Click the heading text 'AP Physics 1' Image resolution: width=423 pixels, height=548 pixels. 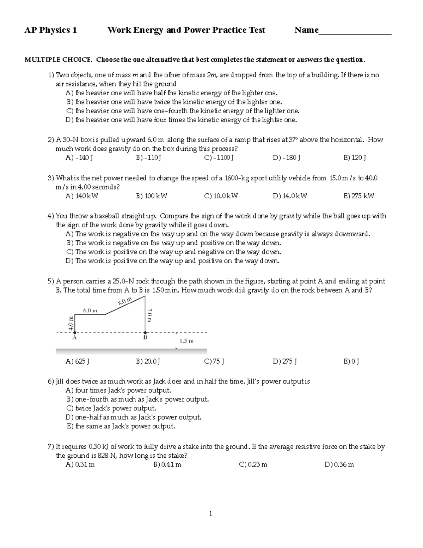[x=50, y=30]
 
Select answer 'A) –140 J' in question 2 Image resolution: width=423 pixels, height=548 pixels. [x=79, y=158]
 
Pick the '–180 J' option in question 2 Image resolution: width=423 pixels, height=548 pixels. [x=286, y=158]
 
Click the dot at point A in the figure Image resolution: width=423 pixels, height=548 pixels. [x=74, y=332]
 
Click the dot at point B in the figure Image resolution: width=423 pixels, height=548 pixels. [x=145, y=332]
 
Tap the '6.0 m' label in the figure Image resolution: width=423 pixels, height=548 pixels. [x=90, y=311]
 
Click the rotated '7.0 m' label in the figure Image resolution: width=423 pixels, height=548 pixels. [x=149, y=315]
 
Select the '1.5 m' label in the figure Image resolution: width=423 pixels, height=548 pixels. [x=186, y=341]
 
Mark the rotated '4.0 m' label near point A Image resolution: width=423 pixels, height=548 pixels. [x=71, y=323]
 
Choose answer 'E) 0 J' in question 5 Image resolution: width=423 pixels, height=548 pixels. [x=351, y=361]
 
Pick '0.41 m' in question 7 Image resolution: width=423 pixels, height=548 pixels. [x=167, y=465]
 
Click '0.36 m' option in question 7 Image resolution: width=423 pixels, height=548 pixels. [x=339, y=465]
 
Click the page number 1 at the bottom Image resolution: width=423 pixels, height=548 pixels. [x=211, y=513]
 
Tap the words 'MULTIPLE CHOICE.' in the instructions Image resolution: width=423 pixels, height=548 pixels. [x=58, y=60]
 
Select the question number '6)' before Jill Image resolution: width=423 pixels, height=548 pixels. [x=51, y=381]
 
